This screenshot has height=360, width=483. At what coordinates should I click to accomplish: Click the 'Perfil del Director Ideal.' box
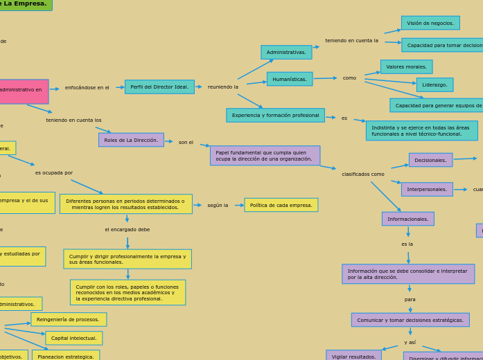(x=159, y=87)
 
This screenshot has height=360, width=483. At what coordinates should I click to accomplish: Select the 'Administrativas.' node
(x=286, y=53)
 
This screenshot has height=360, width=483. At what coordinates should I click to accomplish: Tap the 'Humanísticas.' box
(x=290, y=79)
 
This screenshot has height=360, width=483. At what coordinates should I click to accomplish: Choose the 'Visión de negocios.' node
(x=430, y=23)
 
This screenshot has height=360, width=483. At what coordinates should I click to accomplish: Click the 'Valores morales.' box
(x=406, y=67)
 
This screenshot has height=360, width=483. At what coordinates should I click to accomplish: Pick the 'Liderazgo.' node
(x=434, y=85)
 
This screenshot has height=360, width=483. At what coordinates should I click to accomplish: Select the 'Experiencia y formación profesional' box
(x=275, y=116)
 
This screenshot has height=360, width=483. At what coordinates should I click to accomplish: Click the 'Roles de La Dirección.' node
(x=131, y=140)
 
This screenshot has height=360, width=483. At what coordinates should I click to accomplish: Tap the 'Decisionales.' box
(x=430, y=160)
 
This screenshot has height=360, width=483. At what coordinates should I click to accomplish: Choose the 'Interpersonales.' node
(x=427, y=190)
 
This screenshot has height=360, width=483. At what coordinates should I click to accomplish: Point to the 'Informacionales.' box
(x=407, y=219)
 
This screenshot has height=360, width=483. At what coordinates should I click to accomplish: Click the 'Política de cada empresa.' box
(x=281, y=205)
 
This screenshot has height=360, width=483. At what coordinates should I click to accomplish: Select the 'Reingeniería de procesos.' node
(x=69, y=319)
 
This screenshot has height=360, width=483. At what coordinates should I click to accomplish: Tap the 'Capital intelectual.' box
(x=74, y=339)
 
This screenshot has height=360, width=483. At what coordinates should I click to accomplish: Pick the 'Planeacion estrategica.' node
(x=66, y=357)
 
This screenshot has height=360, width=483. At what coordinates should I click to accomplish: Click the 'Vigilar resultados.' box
(x=353, y=357)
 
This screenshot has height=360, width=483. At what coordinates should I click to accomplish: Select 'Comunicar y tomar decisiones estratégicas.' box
(x=410, y=320)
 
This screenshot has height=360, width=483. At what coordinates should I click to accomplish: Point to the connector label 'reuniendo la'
(x=223, y=87)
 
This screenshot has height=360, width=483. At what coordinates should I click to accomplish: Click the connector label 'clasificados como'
(x=363, y=174)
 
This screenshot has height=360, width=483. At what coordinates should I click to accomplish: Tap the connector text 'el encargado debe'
(x=128, y=230)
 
